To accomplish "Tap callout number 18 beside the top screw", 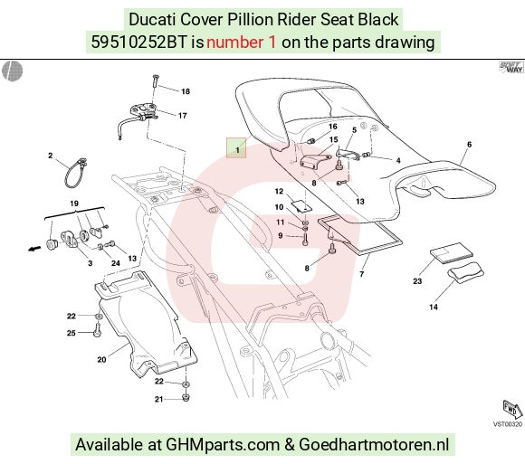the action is pos(186,91).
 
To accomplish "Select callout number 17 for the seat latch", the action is pos(183,116).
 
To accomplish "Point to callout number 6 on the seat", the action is pos(469,144).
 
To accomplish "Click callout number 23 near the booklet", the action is pos(417,281).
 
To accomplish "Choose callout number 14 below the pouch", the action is pos(434,307).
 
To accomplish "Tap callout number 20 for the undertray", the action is pos(101,360).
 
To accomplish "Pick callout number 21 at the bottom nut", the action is pos(158,399).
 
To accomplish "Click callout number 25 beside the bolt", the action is pos(72,333).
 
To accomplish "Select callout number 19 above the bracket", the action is pos(74,204).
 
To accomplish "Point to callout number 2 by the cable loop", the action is pos(50,156).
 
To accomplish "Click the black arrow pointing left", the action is pos(34,249).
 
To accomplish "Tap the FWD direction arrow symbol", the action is pos(512,410).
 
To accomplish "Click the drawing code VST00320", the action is pos(507,424).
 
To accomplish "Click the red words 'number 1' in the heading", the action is pos(242,43).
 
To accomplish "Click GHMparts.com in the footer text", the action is pos(223,445).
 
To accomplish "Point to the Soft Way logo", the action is pos(511,67).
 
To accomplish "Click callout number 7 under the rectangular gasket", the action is pos(361,274).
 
